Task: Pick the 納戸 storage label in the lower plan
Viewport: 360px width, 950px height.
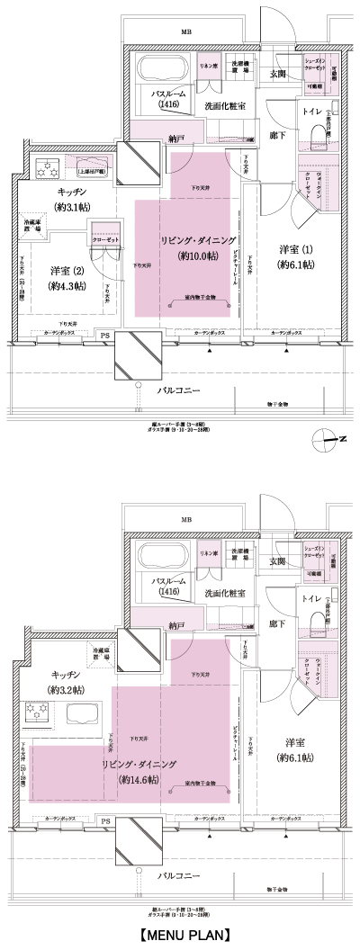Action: [x=175, y=623]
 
